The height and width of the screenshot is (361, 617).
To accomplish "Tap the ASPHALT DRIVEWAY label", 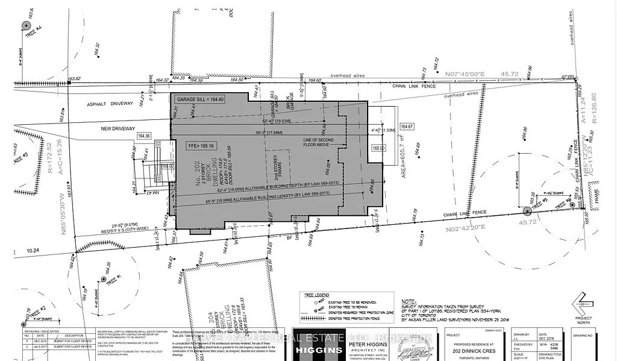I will [105, 104].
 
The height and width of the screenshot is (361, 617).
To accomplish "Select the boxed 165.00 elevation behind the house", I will [378, 147].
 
